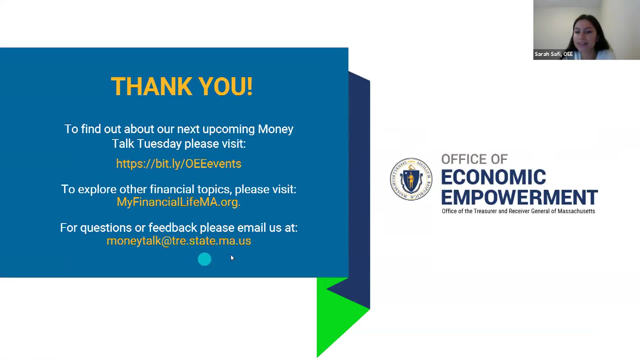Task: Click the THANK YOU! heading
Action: pyautogui.click(x=182, y=87)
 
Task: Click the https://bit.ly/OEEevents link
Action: pyautogui.click(x=179, y=164)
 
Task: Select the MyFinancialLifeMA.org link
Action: pyautogui.click(x=179, y=202)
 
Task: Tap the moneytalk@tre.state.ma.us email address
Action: pyautogui.click(x=179, y=241)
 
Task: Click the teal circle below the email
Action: pyautogui.click(x=204, y=259)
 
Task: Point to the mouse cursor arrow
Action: pyautogui.click(x=232, y=258)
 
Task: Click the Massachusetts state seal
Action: pyautogui.click(x=411, y=179)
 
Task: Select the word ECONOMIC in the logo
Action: pyautogui.click(x=493, y=177)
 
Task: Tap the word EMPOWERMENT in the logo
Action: pyautogui.click(x=519, y=197)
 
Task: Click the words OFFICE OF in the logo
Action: pyautogui.click(x=474, y=159)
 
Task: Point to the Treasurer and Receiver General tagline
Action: pyautogui.click(x=518, y=211)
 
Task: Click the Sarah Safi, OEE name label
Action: pyautogui.click(x=554, y=54)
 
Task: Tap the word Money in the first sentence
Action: pyautogui.click(x=276, y=129)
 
